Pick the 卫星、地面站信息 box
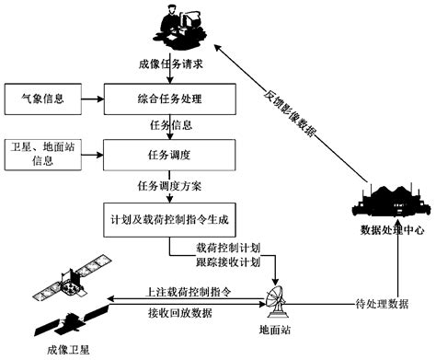click(43, 156)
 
